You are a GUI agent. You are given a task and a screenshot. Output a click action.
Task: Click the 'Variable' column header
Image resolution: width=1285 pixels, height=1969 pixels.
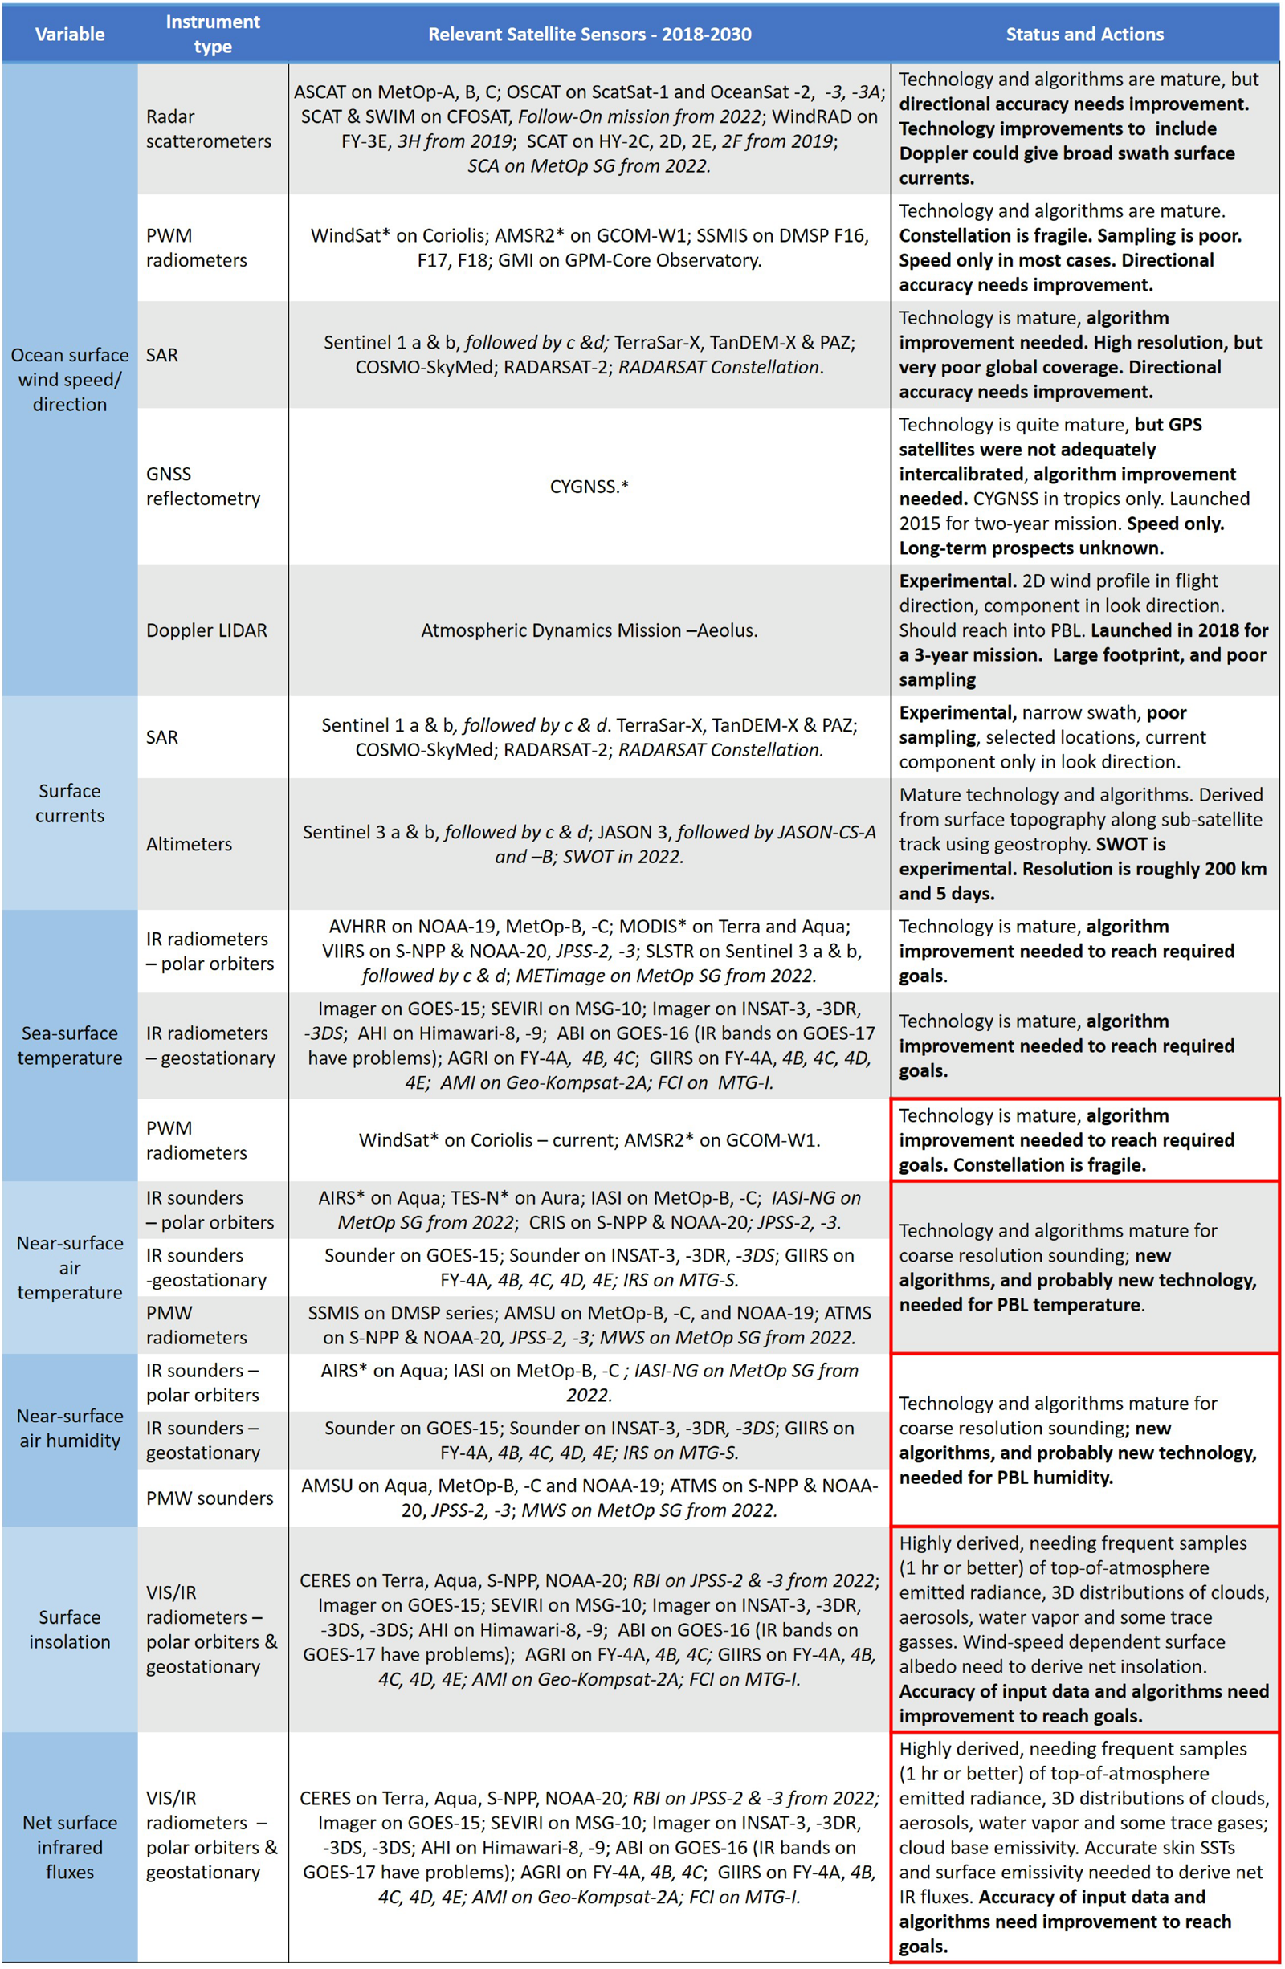tap(70, 34)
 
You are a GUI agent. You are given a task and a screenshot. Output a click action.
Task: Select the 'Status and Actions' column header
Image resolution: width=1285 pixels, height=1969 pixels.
tap(1084, 34)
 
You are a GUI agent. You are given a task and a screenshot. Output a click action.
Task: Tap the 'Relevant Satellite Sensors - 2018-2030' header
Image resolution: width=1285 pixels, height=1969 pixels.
tap(589, 34)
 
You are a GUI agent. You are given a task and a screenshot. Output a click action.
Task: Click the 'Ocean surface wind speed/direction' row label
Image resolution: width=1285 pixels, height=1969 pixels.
tap(70, 380)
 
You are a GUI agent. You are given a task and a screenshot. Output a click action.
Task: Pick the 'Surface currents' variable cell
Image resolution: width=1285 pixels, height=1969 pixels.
tap(70, 802)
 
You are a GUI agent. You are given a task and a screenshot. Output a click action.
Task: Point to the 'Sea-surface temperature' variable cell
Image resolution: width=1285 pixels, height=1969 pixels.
tap(70, 1045)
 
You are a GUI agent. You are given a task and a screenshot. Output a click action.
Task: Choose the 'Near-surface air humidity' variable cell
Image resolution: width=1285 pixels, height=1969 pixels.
tap(70, 1428)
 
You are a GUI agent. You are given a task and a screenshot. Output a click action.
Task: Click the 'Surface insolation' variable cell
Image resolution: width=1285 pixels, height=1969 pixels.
tap(70, 1629)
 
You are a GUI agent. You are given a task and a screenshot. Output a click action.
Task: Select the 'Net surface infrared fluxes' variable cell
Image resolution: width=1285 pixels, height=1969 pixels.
tap(70, 1848)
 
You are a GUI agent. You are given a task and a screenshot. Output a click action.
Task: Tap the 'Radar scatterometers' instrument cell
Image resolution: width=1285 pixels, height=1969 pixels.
tap(209, 129)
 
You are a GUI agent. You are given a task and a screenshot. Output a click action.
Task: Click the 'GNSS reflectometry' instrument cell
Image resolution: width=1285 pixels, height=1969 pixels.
tap(202, 487)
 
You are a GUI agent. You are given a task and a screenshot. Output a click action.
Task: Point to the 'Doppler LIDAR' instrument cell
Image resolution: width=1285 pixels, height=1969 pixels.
tap(207, 630)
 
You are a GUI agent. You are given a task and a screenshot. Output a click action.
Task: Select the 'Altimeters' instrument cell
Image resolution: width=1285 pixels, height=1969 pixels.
tap(189, 844)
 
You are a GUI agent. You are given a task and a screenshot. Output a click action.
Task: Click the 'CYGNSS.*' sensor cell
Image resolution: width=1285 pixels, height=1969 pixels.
tap(589, 487)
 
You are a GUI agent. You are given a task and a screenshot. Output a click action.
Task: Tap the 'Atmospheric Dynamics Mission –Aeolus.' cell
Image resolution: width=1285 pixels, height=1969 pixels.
tap(589, 630)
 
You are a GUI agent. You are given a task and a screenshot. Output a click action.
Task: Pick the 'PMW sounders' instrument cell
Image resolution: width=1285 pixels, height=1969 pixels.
tap(210, 1498)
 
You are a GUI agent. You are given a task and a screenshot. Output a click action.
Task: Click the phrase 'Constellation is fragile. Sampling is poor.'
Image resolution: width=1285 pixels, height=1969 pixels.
tap(1070, 236)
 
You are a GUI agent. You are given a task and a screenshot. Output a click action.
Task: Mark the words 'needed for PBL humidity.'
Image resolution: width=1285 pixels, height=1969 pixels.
tap(1006, 1477)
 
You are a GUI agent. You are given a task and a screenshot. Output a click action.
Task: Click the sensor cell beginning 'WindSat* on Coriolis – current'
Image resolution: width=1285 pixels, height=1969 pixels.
tap(589, 1140)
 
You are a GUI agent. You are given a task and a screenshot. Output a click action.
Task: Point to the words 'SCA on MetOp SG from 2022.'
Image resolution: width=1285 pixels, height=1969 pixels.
tap(589, 165)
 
